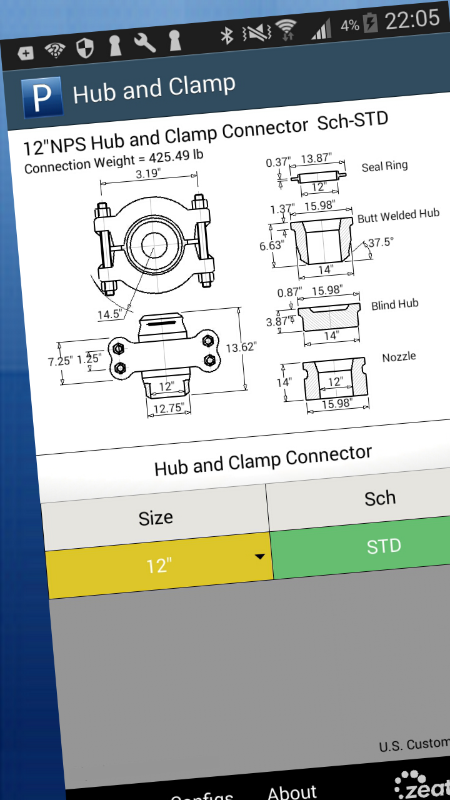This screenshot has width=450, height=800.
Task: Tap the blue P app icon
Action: tap(42, 97)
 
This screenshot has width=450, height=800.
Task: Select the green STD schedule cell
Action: tap(382, 546)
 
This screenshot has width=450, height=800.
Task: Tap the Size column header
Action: tap(156, 518)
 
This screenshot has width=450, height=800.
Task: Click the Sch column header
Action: tap(379, 498)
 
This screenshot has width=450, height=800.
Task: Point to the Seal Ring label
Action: tap(384, 166)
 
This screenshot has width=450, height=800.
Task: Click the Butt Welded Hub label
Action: tap(398, 216)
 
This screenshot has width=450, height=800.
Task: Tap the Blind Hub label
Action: tap(394, 305)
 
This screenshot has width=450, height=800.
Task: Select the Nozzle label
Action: tap(399, 357)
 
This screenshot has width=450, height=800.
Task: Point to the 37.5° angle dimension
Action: tap(381, 242)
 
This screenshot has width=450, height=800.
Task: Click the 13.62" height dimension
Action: tap(241, 347)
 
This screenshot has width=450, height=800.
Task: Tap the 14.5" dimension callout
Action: tap(109, 314)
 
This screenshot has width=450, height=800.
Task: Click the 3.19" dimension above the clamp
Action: tap(148, 174)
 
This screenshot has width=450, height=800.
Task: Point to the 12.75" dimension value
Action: tap(169, 408)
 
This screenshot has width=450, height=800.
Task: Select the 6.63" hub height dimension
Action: tap(271, 246)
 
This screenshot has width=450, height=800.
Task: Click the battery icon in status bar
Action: tap(371, 24)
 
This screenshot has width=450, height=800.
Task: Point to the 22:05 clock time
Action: tap(412, 20)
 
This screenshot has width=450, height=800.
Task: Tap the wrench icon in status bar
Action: tap(145, 42)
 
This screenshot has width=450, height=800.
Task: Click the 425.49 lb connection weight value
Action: tap(176, 157)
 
